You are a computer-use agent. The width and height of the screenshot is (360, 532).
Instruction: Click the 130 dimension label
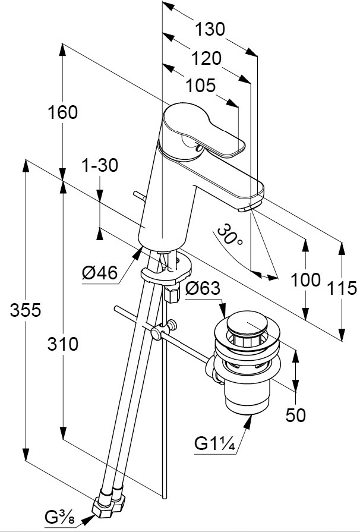tap(211, 29)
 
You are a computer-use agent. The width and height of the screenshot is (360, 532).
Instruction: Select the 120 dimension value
tap(207, 58)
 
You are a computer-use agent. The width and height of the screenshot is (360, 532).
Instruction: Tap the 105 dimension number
tap(200, 86)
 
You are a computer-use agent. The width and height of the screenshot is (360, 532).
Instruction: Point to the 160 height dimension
tap(64, 112)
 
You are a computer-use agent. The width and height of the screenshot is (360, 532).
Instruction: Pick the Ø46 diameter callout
tap(99, 273)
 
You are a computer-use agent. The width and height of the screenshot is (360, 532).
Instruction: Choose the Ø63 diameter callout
tap(203, 289)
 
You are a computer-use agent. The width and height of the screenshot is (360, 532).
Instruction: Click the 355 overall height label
tap(25, 310)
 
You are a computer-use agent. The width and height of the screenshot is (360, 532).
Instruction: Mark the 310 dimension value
tap(64, 344)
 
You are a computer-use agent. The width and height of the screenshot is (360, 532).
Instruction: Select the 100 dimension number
tap(307, 280)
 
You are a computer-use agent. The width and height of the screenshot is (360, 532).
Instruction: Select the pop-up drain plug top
tap(248, 326)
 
